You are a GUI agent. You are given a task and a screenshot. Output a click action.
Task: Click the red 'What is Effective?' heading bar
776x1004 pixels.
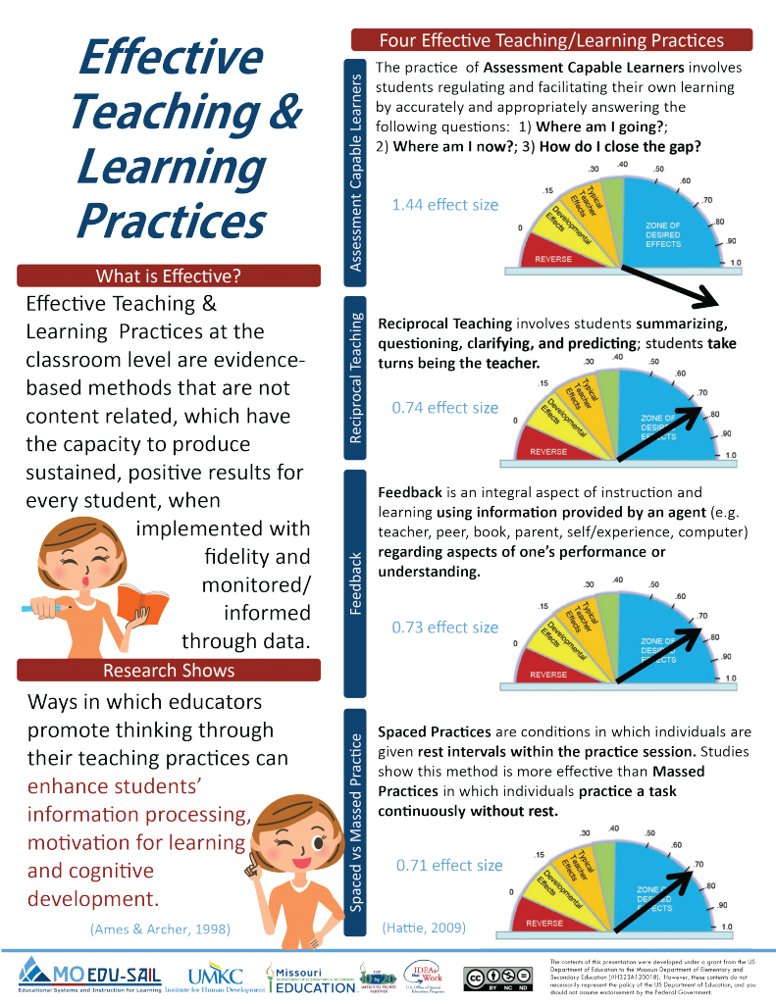168,276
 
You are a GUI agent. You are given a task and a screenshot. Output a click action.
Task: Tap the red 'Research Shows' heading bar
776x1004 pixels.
168,670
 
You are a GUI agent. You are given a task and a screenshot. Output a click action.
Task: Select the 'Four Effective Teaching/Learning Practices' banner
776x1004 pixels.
551,40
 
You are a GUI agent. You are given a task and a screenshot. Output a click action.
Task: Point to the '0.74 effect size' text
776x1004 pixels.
444,408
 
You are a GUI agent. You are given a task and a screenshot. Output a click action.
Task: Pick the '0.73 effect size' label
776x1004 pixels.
444,627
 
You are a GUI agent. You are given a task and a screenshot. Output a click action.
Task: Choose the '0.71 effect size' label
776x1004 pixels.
449,865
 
